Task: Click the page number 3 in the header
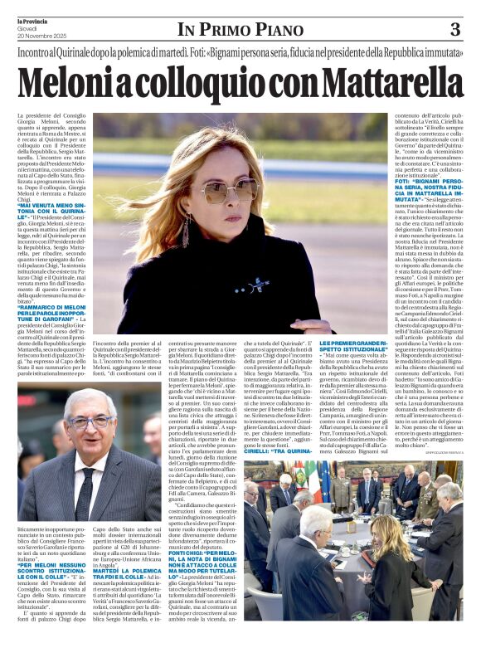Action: point(455,30)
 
